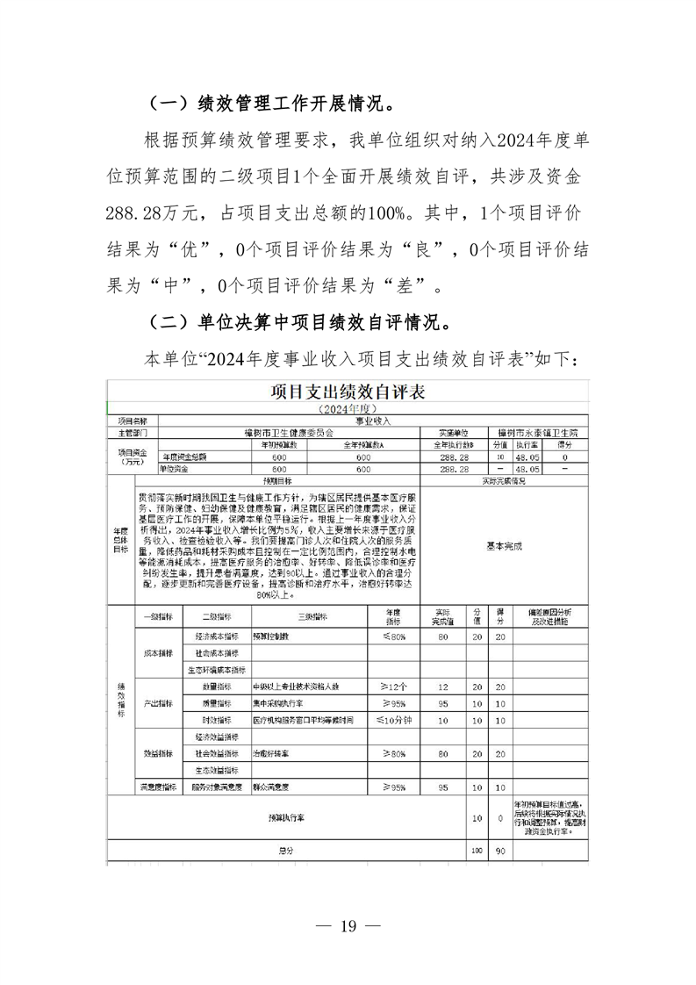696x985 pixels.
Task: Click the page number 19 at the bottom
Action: point(348,926)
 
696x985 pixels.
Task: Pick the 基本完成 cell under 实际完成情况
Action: point(504,545)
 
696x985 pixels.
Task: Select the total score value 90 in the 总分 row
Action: point(500,850)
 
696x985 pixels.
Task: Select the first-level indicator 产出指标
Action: point(158,703)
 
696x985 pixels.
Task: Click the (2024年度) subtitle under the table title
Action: point(348,409)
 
